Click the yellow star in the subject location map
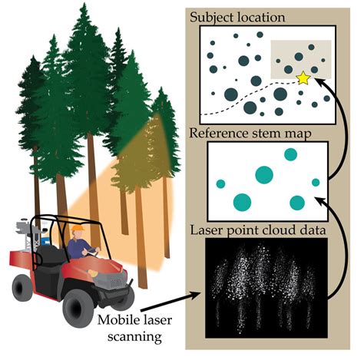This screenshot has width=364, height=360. click(x=303, y=78)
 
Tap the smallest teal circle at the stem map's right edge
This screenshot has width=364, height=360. click(x=316, y=182)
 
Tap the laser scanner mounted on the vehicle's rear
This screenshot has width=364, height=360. click(x=28, y=231)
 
